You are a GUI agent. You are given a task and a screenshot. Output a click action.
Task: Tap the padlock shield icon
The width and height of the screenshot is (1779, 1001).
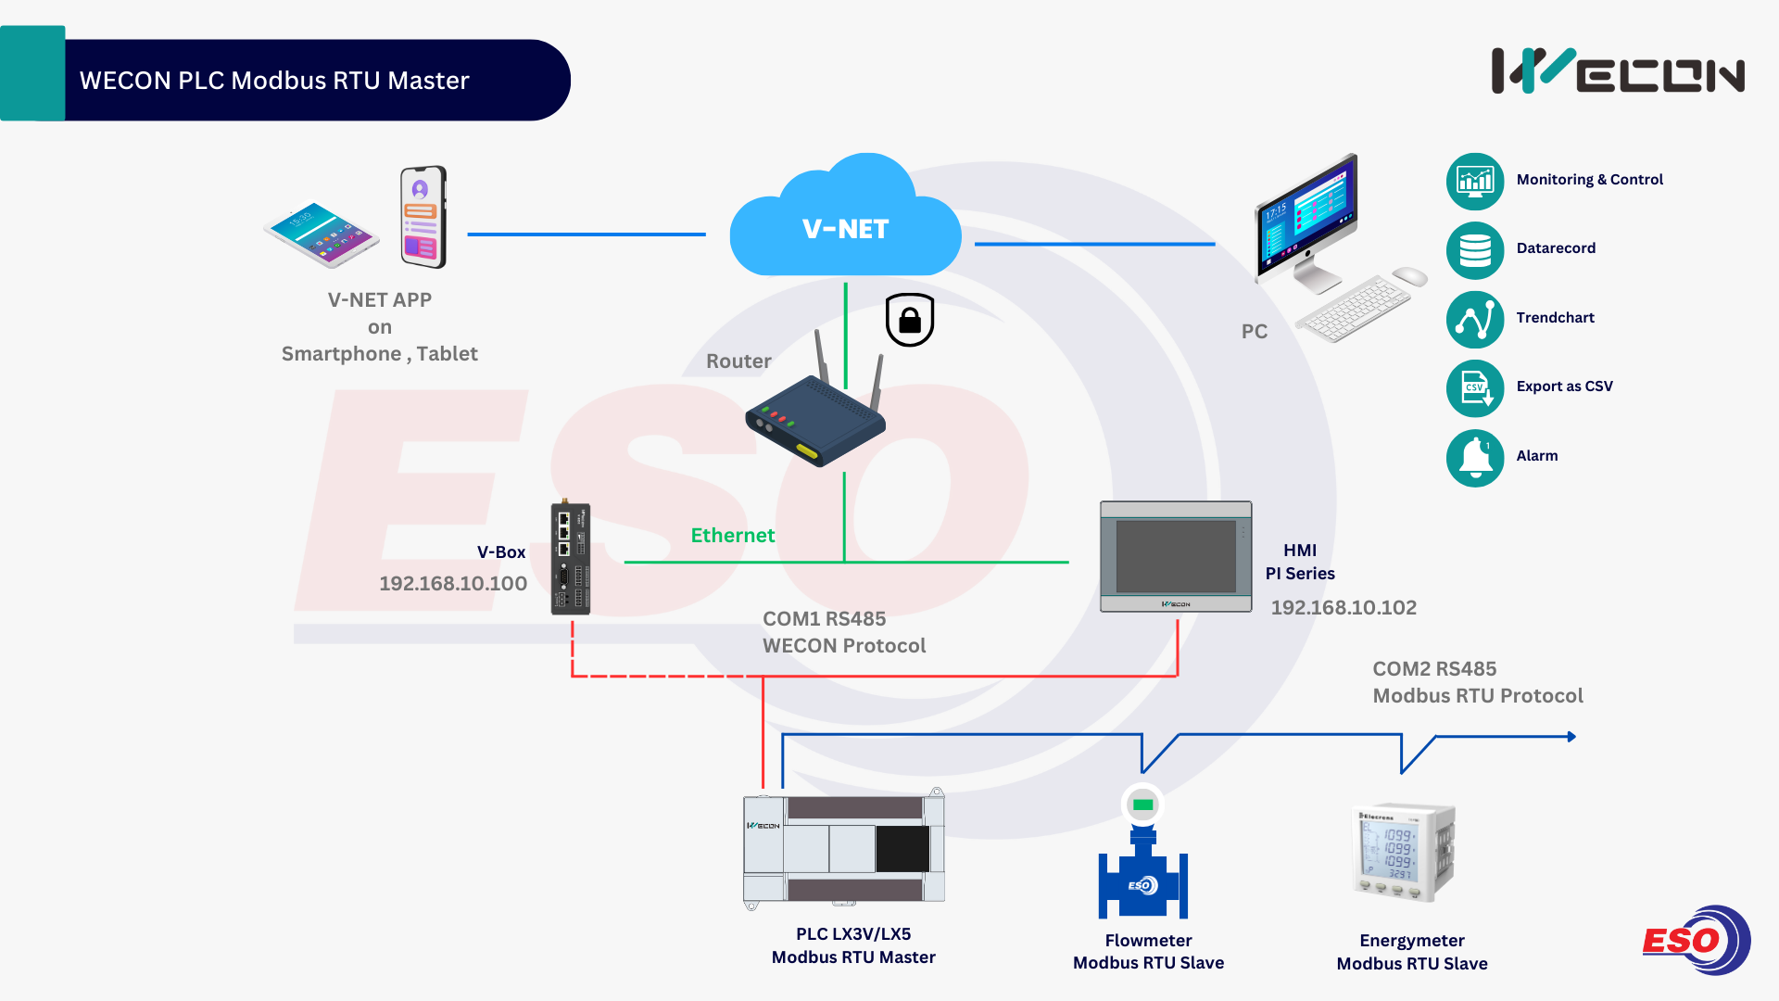coord(910,320)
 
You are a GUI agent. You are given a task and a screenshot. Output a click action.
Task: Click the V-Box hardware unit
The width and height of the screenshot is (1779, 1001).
coord(571,559)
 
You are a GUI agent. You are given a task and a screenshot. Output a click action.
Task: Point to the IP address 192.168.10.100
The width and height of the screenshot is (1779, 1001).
coord(453,584)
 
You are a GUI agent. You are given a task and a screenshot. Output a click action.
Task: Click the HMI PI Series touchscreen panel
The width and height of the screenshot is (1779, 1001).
coord(1176,557)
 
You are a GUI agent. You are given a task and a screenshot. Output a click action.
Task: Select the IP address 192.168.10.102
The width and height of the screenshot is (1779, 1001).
coord(1344,608)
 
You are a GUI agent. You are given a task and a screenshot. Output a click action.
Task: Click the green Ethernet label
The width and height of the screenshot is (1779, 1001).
coord(733,536)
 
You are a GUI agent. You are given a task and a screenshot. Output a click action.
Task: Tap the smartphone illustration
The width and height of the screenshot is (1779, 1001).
coord(423,217)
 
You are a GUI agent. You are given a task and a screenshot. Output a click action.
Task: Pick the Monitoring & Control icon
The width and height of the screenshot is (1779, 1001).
coord(1475,181)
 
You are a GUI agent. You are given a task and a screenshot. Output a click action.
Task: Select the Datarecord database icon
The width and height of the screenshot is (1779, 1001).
coord(1475,250)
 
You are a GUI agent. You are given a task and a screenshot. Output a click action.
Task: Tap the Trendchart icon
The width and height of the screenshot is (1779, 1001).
coord(1475,320)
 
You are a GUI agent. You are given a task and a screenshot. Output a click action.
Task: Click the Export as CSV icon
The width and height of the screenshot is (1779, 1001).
coord(1475,388)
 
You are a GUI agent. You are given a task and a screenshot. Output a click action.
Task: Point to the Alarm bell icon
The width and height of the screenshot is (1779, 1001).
coord(1475,458)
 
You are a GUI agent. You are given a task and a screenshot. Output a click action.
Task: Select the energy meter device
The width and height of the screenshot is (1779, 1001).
coord(1403,853)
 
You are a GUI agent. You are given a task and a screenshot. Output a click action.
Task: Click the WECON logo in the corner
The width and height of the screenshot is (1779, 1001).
coord(1618,71)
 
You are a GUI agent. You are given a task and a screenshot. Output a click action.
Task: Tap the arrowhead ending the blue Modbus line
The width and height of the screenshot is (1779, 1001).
coord(1571,737)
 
